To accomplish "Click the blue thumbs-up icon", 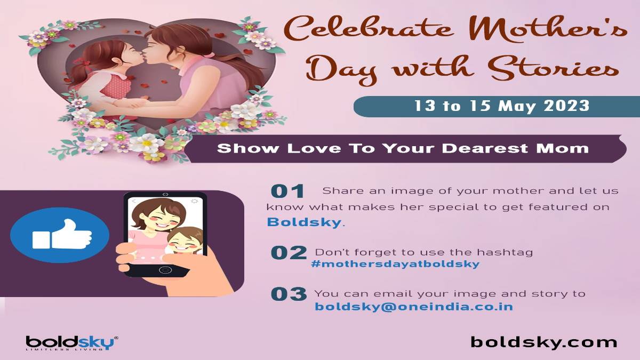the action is [x=60, y=235].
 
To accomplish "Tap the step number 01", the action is [x=287, y=191].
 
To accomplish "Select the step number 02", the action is [x=289, y=253].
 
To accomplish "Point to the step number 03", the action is [x=289, y=294].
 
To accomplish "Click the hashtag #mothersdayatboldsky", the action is [x=395, y=264].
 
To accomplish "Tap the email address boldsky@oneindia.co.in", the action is [x=414, y=307].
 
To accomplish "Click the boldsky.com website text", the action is [x=543, y=342].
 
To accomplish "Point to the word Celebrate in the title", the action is [x=369, y=30].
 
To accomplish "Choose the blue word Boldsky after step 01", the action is [x=304, y=222].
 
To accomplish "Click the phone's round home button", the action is [x=165, y=270].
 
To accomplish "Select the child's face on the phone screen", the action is [x=183, y=242].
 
